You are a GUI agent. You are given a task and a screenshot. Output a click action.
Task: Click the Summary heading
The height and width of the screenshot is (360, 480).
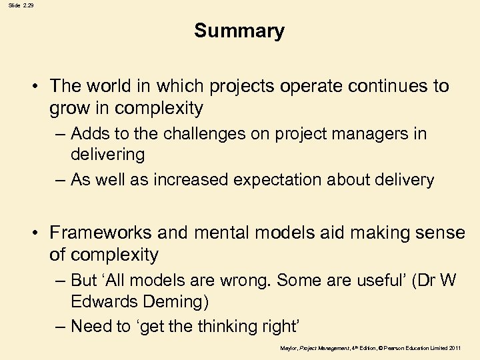click(x=239, y=31)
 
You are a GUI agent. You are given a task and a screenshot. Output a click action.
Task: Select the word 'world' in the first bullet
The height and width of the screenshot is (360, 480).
click(x=108, y=86)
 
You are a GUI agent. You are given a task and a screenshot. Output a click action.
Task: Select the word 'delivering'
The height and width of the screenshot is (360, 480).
click(x=107, y=155)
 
